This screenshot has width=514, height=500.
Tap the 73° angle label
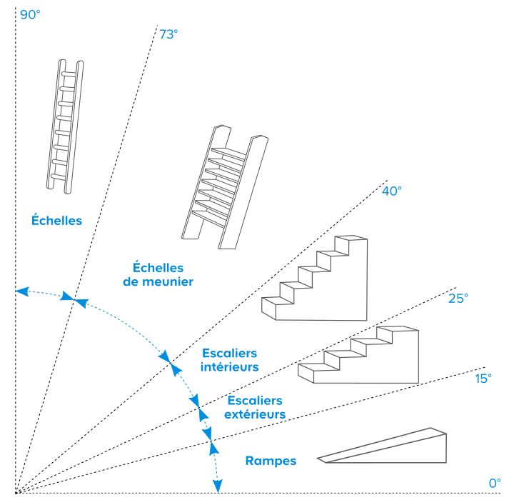pyautogui.click(x=168, y=33)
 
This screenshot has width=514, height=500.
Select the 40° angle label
pyautogui.click(x=392, y=191)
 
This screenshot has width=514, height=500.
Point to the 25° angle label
pyautogui.click(x=458, y=298)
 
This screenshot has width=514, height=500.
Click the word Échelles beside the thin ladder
pyautogui.click(x=56, y=221)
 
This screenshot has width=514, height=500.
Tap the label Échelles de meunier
pyautogui.click(x=163, y=274)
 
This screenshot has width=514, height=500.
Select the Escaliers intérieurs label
pyautogui.click(x=230, y=360)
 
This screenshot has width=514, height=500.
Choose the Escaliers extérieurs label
pyautogui.click(x=256, y=407)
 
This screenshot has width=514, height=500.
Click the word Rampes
pyautogui.click(x=271, y=461)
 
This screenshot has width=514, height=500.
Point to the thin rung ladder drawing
pyautogui.click(x=68, y=125)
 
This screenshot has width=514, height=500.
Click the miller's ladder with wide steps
pyautogui.click(x=223, y=187)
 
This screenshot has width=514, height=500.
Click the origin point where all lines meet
pyautogui.click(x=17, y=492)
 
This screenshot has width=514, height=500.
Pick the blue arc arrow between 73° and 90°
pyautogui.click(x=44, y=294)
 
